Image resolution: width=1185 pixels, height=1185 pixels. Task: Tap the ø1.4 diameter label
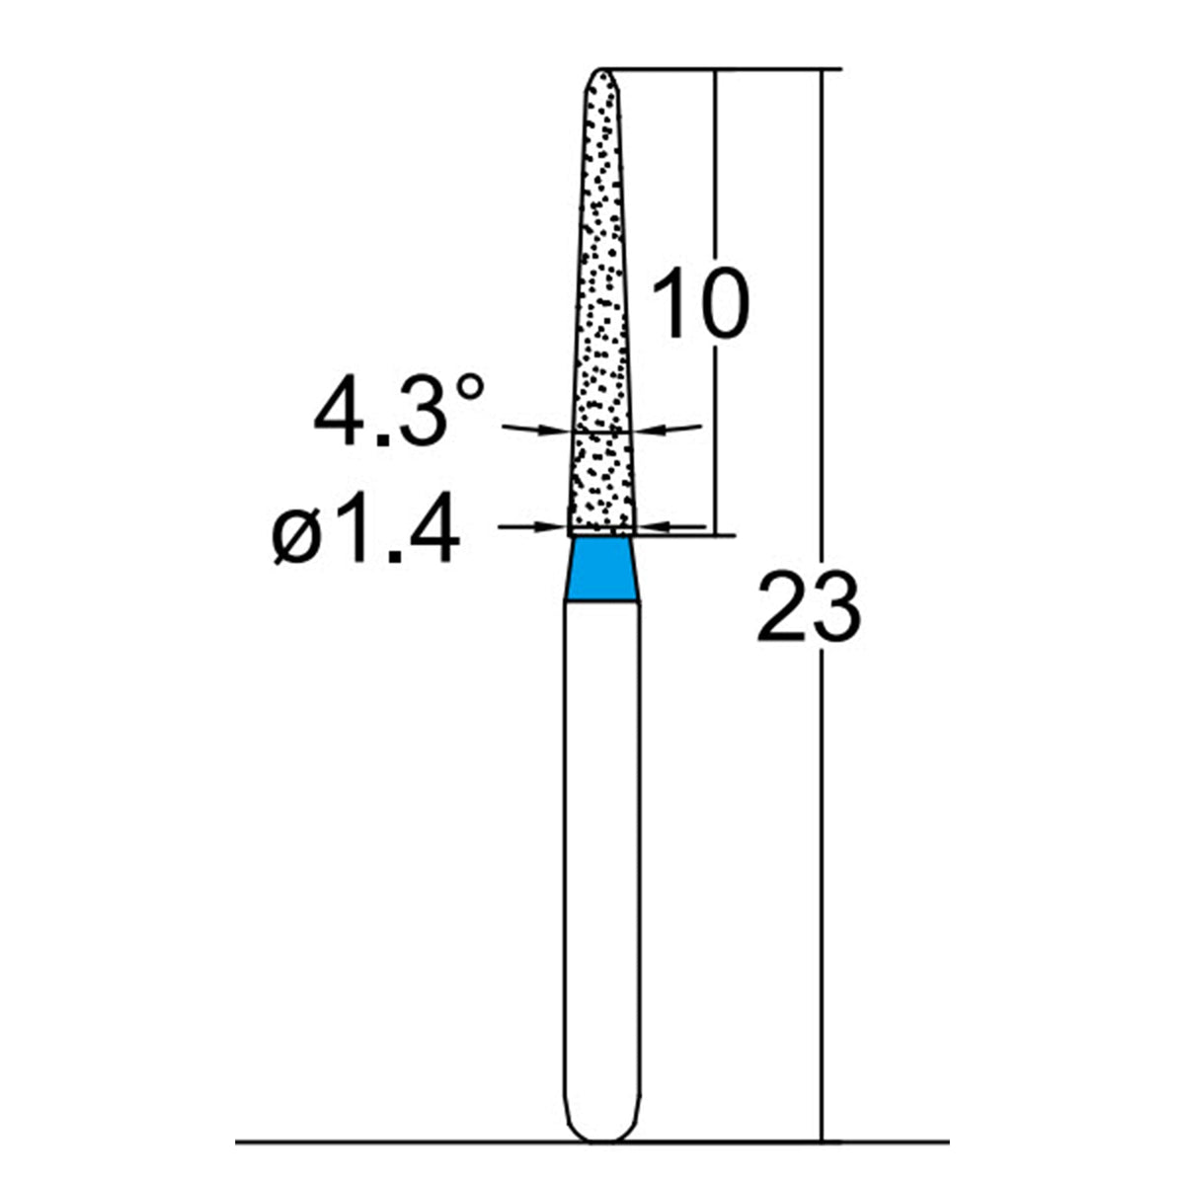tap(366, 530)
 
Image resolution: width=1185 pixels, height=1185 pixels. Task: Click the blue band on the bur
tap(601, 568)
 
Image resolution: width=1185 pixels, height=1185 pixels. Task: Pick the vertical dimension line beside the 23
tap(820, 889)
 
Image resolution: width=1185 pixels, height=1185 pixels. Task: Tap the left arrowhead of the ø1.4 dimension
tap(553, 527)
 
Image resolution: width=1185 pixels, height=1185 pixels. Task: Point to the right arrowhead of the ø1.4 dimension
tap(651, 527)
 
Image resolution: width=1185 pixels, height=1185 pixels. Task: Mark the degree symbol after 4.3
tap(470, 389)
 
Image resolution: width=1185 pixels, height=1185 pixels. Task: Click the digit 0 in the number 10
tap(722, 304)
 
